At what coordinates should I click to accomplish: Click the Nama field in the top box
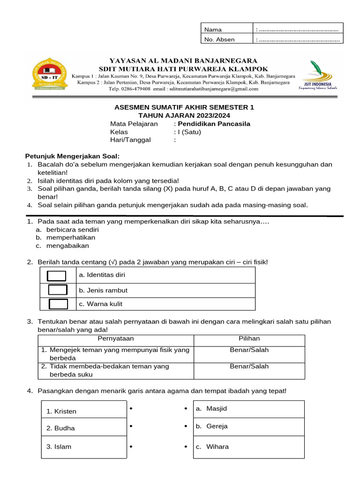(298, 30)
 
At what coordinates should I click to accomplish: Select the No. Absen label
(219, 39)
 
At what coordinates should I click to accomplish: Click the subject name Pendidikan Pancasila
(214, 124)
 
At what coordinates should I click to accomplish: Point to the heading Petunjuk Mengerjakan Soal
(72, 156)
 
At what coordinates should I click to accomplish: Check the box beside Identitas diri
(57, 275)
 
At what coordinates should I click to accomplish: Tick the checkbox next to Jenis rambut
(58, 290)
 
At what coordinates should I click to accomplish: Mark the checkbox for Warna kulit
(58, 304)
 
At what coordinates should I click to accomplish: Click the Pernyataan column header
(115, 338)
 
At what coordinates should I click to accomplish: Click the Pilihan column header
(249, 338)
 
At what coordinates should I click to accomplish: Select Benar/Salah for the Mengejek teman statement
(249, 350)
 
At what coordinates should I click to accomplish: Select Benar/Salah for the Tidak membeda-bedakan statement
(249, 367)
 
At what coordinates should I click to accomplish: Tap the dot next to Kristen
(131, 409)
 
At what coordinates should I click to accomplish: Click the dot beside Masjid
(186, 409)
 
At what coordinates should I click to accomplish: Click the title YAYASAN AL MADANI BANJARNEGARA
(183, 60)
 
